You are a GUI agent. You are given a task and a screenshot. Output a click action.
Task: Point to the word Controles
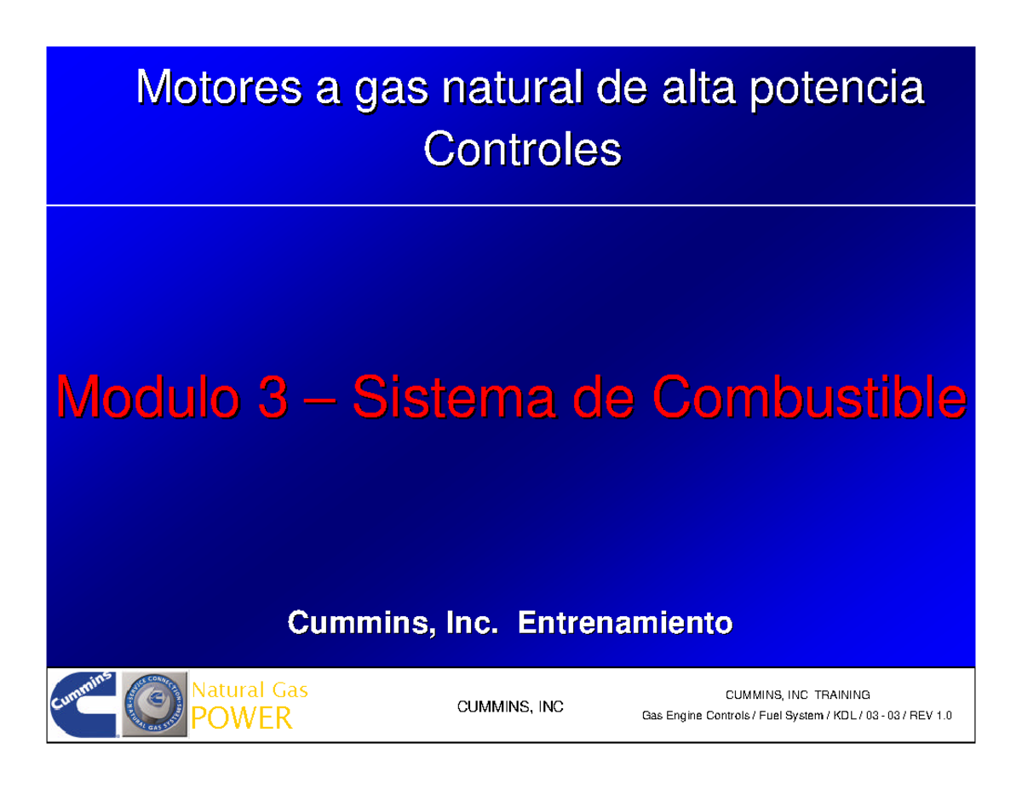(x=522, y=151)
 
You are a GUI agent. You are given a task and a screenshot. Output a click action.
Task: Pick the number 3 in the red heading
(x=271, y=398)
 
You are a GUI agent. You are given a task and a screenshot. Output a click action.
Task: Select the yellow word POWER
(x=242, y=719)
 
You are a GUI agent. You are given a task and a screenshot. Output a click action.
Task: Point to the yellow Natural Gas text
(x=250, y=690)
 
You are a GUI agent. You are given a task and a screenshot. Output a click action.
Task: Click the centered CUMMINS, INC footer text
(x=511, y=706)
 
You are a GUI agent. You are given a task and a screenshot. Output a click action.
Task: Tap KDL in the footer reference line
(x=841, y=716)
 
